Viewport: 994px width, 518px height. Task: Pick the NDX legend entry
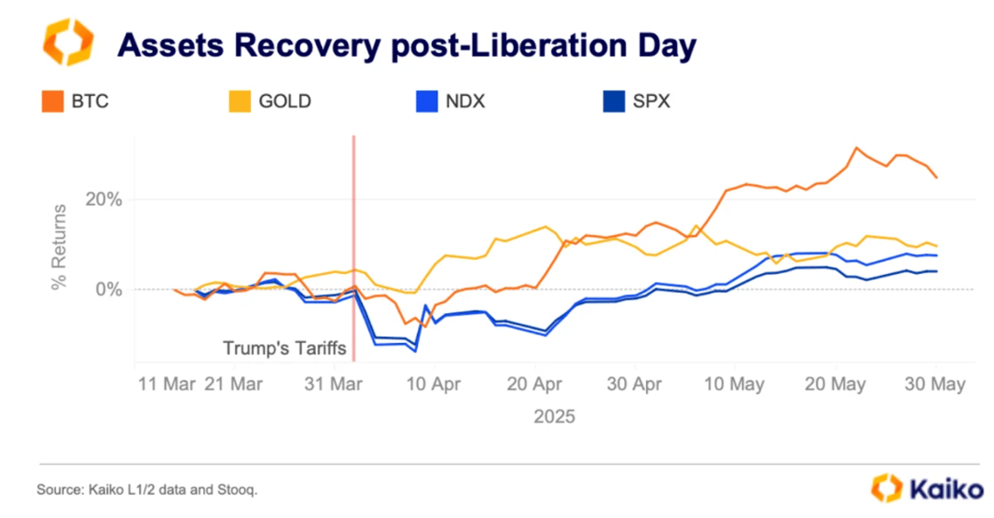(460, 101)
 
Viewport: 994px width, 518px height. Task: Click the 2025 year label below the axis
(554, 416)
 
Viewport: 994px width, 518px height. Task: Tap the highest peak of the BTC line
(856, 148)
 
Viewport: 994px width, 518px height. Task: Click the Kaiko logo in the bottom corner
(927, 488)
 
